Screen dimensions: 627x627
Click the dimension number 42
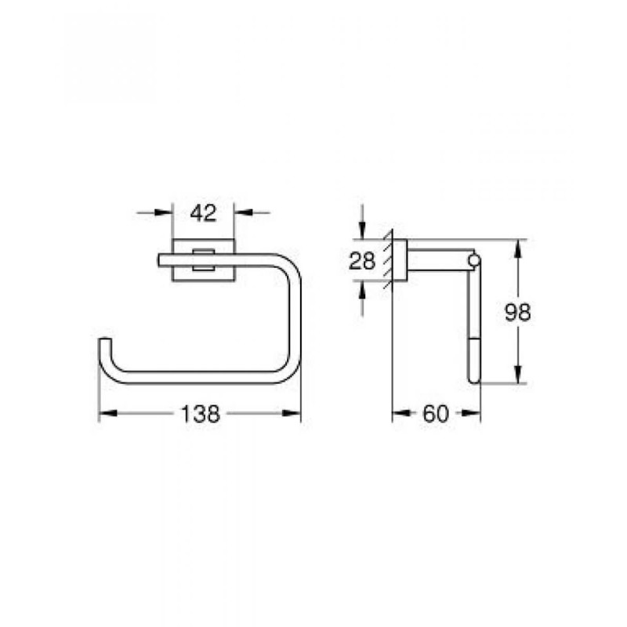tap(203, 212)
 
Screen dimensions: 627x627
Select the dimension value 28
tap(362, 261)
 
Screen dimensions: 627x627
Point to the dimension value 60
tap(436, 414)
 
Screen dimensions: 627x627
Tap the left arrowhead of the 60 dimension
tap(397, 414)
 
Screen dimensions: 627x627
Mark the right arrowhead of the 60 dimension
tap(476, 414)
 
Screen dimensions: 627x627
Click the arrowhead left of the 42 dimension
tap(167, 212)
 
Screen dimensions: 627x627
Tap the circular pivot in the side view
tap(473, 259)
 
